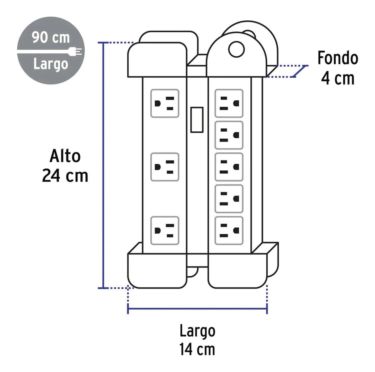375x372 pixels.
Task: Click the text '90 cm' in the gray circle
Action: pyautogui.click(x=51, y=38)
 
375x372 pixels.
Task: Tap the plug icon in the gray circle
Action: pyautogui.click(x=75, y=51)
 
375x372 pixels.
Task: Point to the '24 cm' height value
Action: pyautogui.click(x=65, y=176)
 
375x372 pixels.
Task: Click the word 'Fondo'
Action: pyautogui.click(x=338, y=58)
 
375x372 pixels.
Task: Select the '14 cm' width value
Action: pyautogui.click(x=197, y=349)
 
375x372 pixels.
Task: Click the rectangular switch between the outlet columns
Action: pyautogui.click(x=197, y=120)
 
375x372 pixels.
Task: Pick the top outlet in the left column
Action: pyautogui.click(x=165, y=103)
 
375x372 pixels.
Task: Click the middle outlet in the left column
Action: pyautogui.click(x=165, y=167)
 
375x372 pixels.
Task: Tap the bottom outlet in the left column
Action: pyautogui.click(x=165, y=231)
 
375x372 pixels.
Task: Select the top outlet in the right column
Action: pyautogui.click(x=229, y=103)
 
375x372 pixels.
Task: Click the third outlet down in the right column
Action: pyautogui.click(x=229, y=167)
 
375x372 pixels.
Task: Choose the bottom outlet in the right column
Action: pyautogui.click(x=229, y=231)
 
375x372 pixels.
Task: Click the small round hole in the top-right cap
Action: pyautogui.click(x=237, y=49)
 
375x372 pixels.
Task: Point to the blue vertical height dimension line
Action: pyautogui.click(x=103, y=165)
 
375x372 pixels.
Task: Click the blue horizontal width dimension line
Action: pyautogui.click(x=197, y=309)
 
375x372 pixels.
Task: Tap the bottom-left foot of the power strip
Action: pyautogui.click(x=157, y=271)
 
